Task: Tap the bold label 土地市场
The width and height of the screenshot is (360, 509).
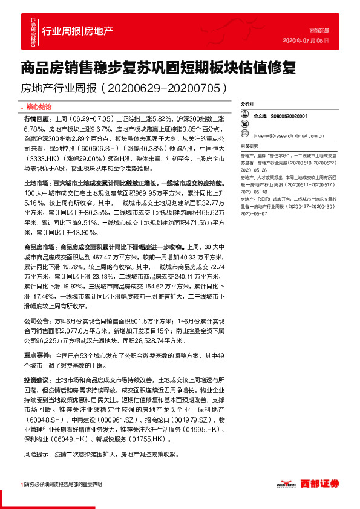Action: tap(37, 182)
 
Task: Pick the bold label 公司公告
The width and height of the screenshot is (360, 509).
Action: tap(37, 322)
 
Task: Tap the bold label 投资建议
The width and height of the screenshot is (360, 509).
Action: tap(37, 381)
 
